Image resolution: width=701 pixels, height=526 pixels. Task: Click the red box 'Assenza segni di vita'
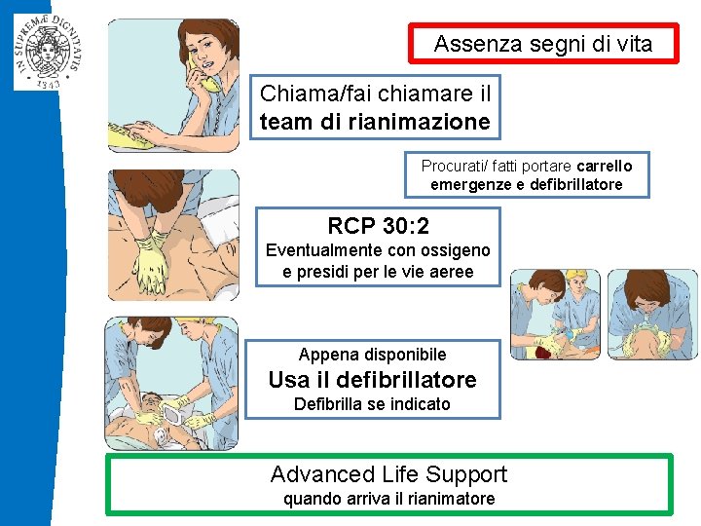(542, 44)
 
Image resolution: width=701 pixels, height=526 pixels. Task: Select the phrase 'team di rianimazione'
(375, 123)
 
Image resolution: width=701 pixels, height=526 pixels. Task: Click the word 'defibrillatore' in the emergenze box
(573, 184)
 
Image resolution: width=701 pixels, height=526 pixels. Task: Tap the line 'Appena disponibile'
(372, 355)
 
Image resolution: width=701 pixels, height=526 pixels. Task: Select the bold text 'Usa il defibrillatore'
(372, 379)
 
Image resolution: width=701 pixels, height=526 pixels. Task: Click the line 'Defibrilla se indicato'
(372, 403)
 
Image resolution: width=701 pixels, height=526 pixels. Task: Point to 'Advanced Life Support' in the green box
(388, 474)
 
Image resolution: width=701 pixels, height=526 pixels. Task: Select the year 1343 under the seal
(47, 83)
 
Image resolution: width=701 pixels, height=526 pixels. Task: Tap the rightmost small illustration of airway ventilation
(652, 315)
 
